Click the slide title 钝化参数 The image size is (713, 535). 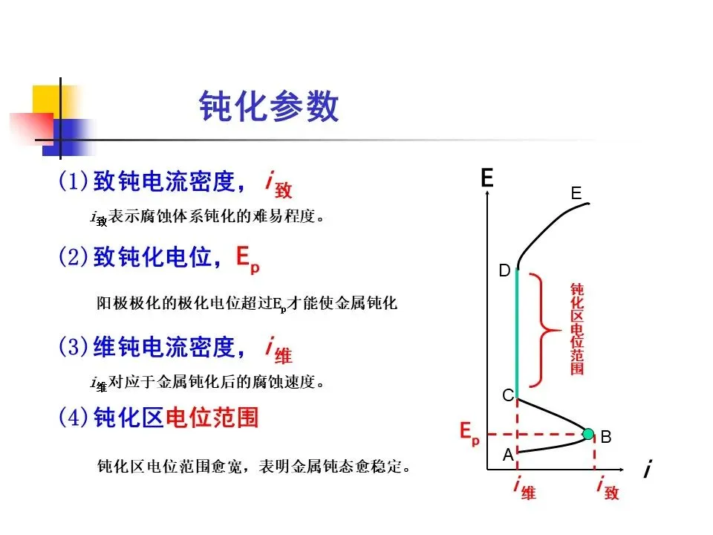click(x=269, y=108)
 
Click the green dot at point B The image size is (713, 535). click(x=588, y=434)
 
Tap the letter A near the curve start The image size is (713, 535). click(x=508, y=455)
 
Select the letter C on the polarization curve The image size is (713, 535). click(x=508, y=396)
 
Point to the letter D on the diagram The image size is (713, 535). click(x=504, y=272)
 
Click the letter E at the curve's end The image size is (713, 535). click(x=576, y=193)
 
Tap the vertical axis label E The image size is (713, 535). click(x=486, y=178)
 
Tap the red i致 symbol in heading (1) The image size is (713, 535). click(x=278, y=184)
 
